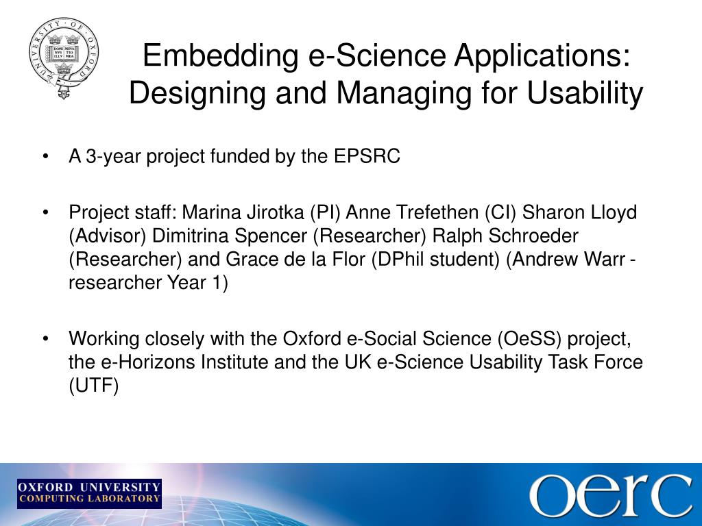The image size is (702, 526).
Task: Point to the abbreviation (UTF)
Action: click(94, 386)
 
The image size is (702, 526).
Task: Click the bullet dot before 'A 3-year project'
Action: click(45, 158)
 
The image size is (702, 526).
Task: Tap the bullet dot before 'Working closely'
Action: click(45, 339)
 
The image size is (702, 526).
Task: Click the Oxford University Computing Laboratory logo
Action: click(89, 493)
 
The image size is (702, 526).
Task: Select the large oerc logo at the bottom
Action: click(609, 494)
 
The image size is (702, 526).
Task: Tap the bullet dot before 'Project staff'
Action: click(45, 212)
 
